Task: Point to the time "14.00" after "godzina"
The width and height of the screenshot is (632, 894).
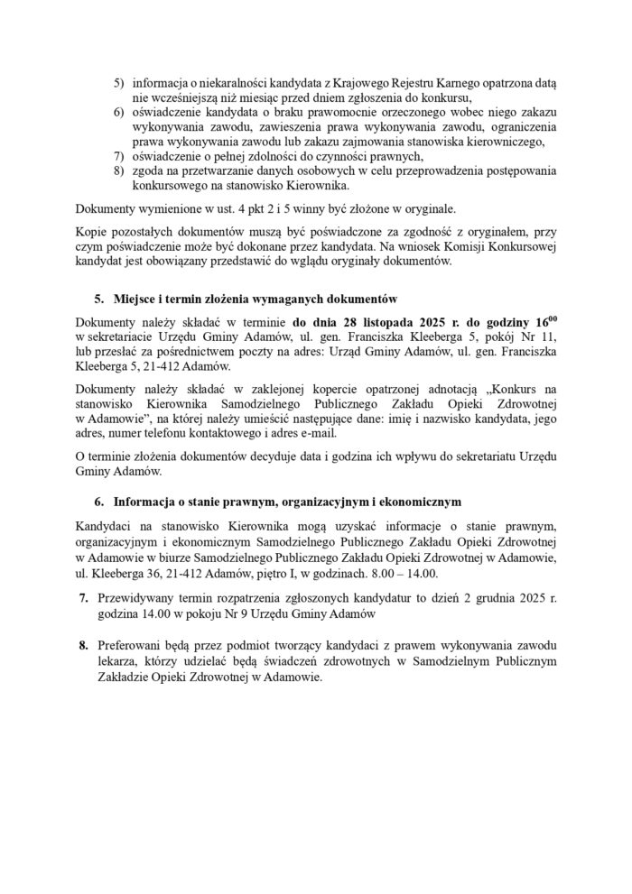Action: pos(181,613)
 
